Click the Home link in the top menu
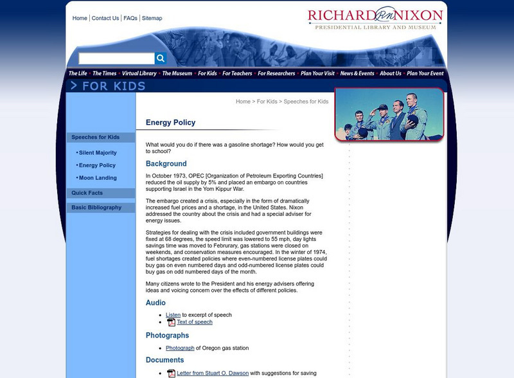[x=80, y=18]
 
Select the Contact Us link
[x=105, y=18]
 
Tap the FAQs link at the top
[x=130, y=18]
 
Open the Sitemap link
[x=152, y=18]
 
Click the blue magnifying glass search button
[x=161, y=59]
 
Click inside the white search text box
[x=116, y=59]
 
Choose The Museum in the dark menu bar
[x=177, y=73]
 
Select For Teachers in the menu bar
[x=236, y=73]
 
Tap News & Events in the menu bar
[x=357, y=73]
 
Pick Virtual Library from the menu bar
[x=139, y=73]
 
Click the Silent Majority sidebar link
[x=98, y=153]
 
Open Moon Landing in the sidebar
[x=98, y=177]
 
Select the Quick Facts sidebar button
[x=87, y=193]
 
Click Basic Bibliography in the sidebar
[x=96, y=208]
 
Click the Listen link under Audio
[x=173, y=315]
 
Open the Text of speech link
[x=195, y=322]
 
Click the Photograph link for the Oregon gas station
[x=180, y=348]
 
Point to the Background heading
[x=166, y=164]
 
